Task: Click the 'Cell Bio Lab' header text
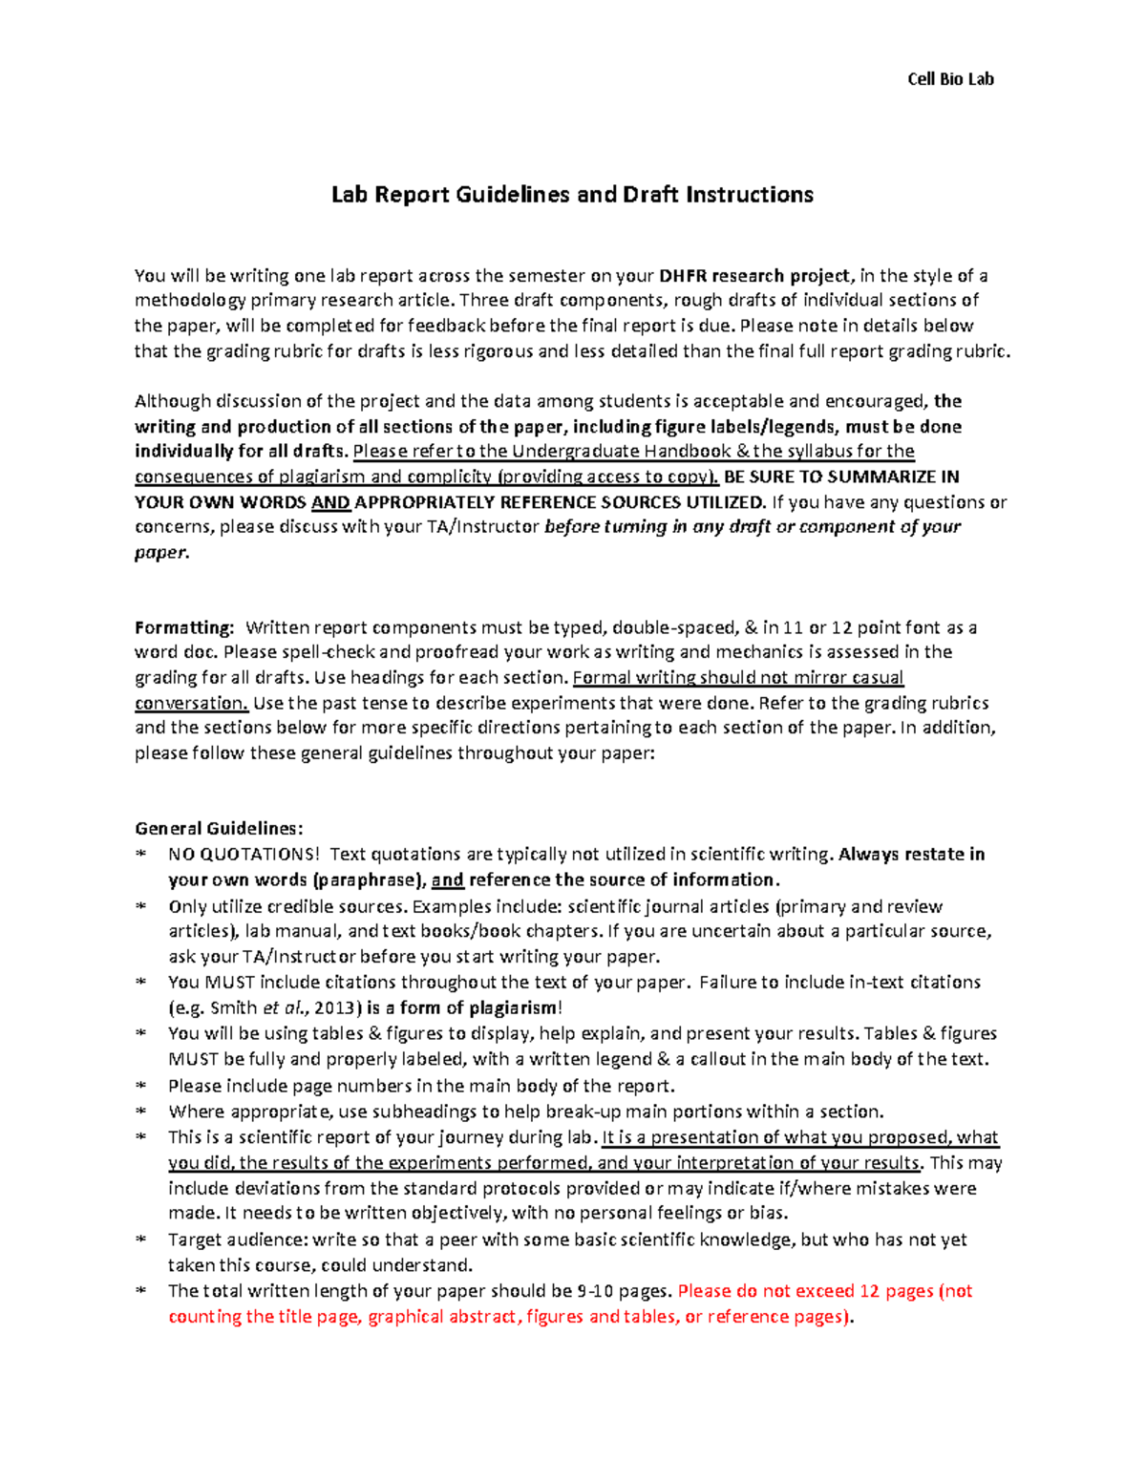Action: click(949, 79)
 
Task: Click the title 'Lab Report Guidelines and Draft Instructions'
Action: click(572, 195)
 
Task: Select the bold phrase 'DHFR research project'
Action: click(753, 276)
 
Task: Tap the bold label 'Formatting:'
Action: click(184, 627)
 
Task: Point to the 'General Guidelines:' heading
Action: click(219, 828)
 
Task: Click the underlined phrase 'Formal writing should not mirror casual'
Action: click(737, 677)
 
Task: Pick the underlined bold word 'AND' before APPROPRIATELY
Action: click(330, 502)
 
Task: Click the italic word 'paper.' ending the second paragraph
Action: click(161, 552)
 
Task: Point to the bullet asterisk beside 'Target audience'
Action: click(141, 1239)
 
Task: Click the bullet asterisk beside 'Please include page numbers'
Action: click(141, 1086)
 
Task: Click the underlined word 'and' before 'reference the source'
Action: click(447, 879)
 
